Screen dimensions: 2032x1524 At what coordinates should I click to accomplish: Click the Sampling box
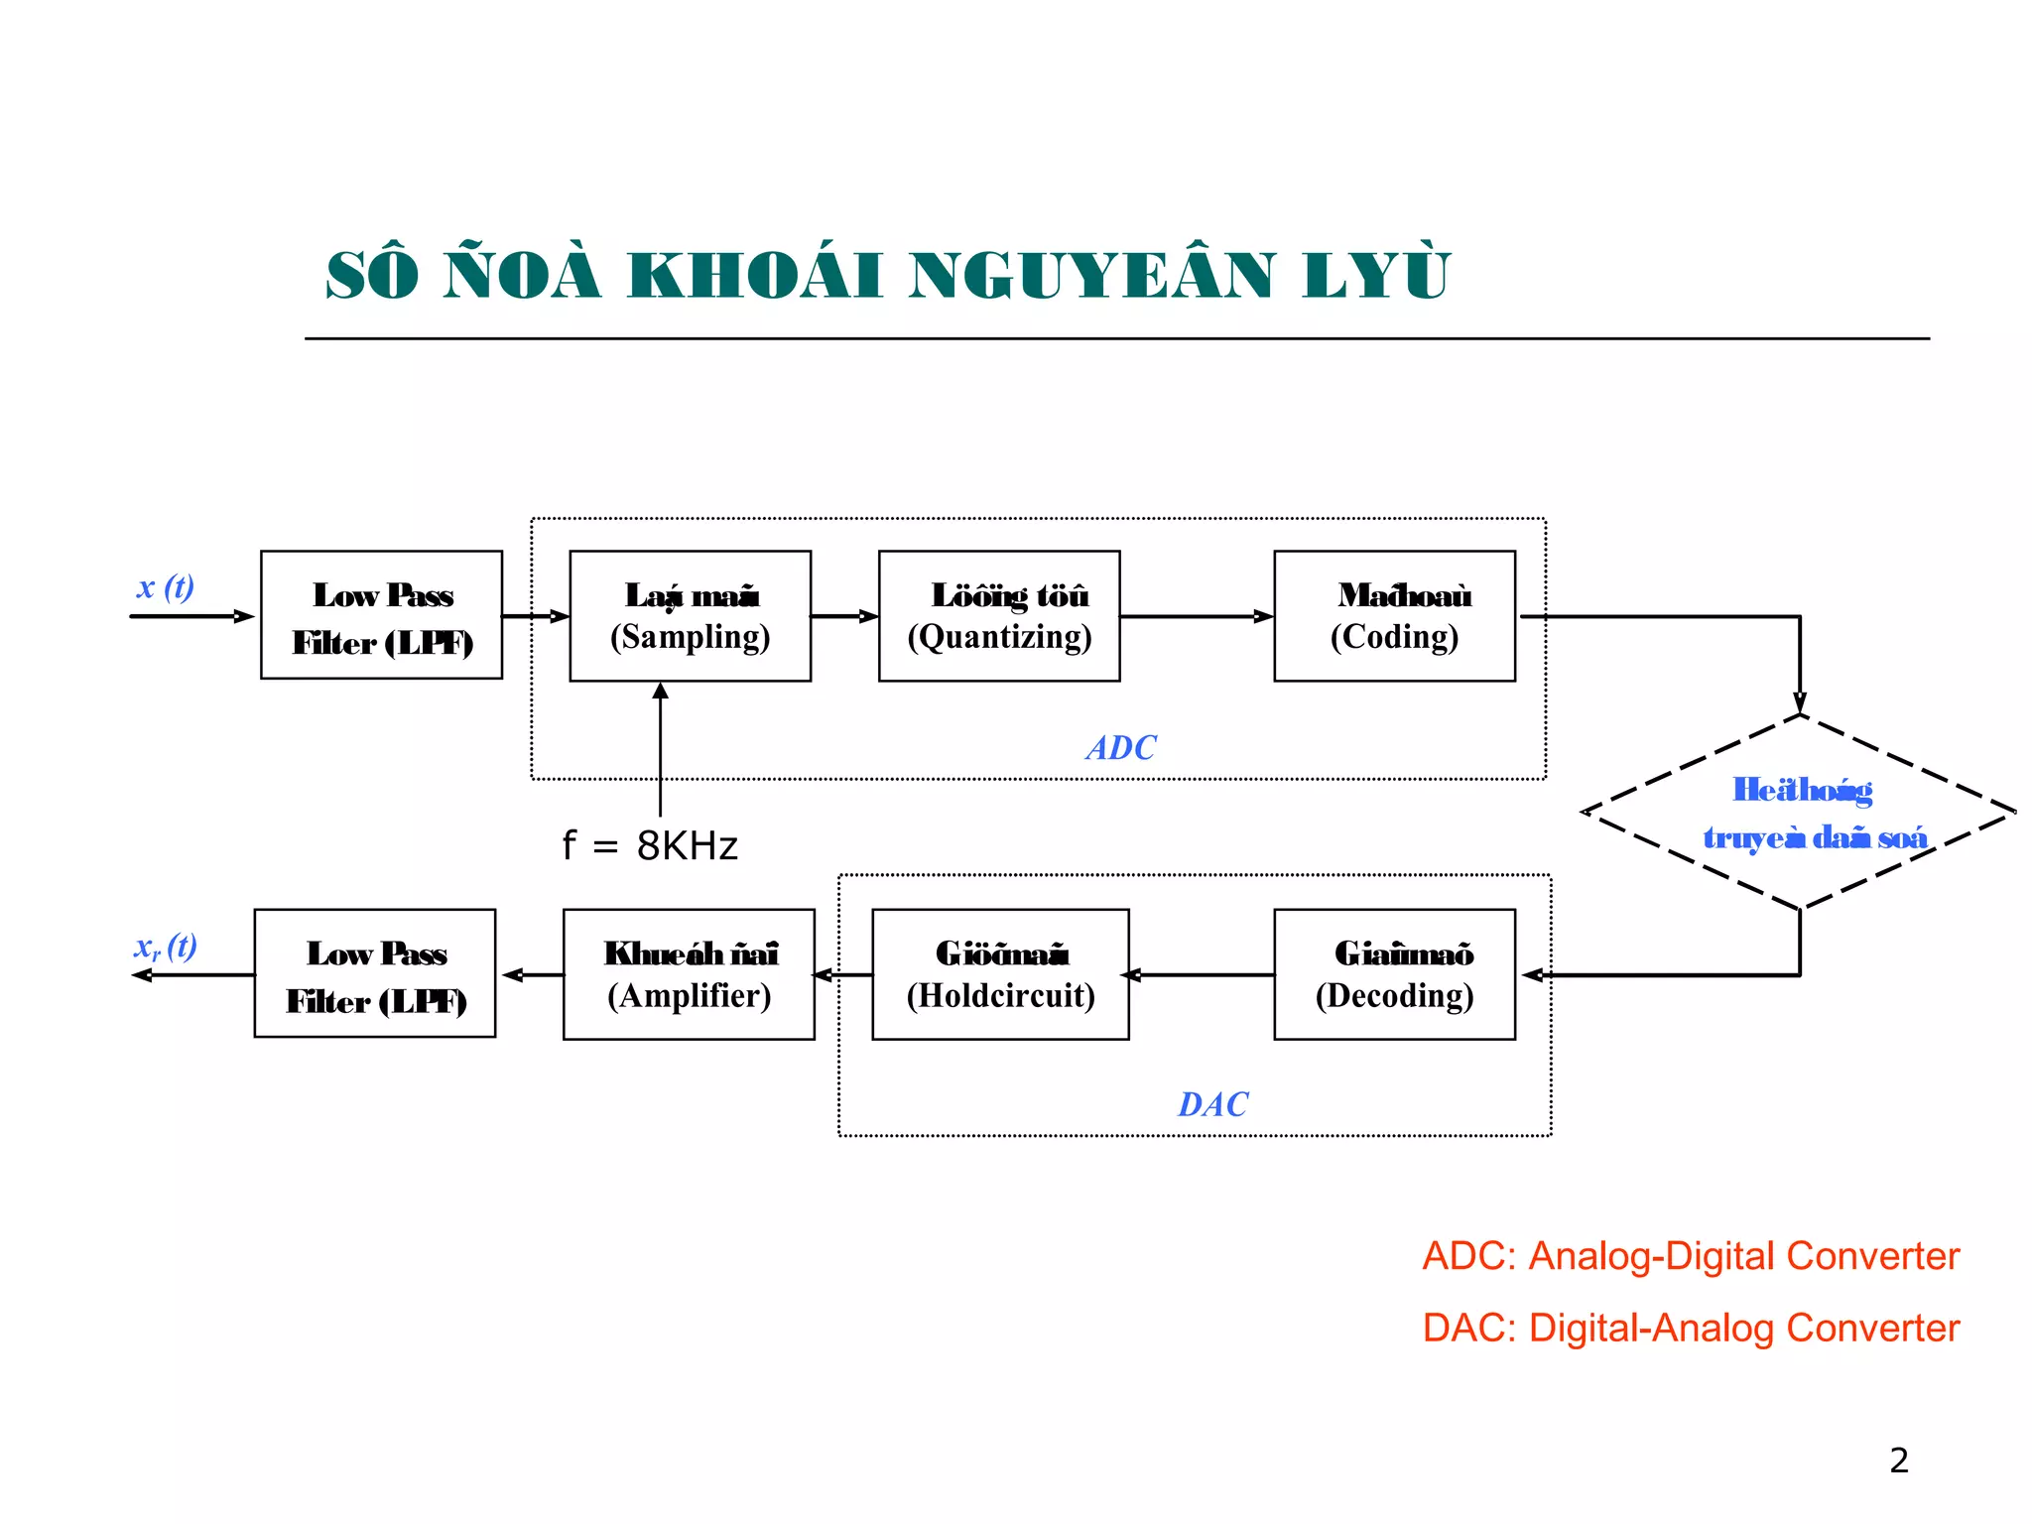690,616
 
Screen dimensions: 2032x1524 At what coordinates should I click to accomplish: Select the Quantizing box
999,616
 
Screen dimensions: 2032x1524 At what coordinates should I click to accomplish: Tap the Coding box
1394,616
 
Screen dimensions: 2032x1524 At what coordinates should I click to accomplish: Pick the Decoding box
1394,974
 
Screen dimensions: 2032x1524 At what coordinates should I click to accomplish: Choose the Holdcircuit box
1000,974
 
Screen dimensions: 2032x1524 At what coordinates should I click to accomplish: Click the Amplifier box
689,974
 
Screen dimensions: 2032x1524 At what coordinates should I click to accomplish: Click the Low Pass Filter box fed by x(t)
381,615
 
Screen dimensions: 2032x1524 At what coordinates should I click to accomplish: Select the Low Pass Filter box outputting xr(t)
375,973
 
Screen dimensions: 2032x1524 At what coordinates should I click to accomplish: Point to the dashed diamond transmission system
1799,813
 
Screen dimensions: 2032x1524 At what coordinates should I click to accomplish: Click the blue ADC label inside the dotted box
1121,748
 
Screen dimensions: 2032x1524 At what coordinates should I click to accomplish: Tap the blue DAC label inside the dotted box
1212,1104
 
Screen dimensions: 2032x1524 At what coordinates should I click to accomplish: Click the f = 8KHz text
650,846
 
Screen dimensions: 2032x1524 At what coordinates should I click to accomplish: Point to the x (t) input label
165,586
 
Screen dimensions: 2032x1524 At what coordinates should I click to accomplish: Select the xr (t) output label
165,946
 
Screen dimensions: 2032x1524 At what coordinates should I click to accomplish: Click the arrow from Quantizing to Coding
1197,616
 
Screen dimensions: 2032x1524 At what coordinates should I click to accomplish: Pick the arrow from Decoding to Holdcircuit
1201,974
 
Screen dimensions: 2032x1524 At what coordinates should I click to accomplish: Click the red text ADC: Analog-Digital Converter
1691,1256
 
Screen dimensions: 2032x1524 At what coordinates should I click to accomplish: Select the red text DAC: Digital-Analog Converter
1691,1328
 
